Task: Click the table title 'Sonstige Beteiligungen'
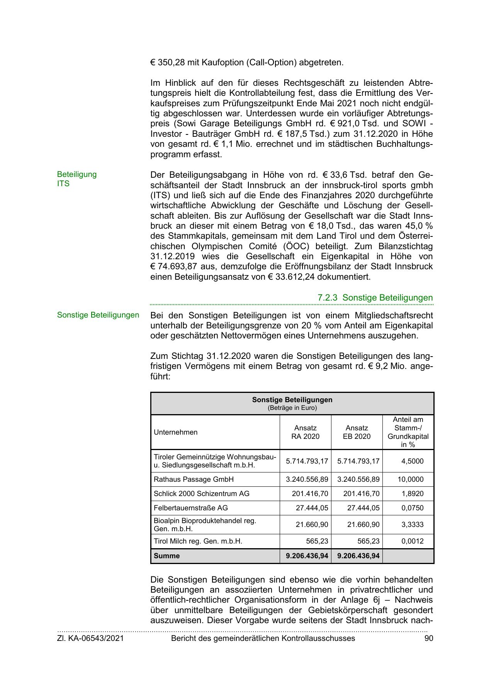[292, 399]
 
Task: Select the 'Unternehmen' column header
[175, 432]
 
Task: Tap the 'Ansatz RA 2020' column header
[305, 432]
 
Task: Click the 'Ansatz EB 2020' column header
[357, 432]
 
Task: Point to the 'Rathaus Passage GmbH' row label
[194, 479]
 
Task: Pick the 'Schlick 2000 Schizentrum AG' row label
[201, 494]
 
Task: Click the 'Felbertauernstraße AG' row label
[190, 508]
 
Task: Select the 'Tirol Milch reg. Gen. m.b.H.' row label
[198, 541]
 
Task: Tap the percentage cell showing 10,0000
[410, 479]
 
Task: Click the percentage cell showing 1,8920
[412, 494]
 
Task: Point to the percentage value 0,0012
[412, 541]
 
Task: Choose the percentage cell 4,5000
[412, 461]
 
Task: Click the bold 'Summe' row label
[166, 556]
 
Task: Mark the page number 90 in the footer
[428, 639]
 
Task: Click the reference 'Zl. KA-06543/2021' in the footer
[90, 639]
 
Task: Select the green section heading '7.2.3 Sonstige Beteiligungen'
[375, 298]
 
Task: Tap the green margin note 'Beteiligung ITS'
[76, 179]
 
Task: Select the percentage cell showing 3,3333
[412, 525]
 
